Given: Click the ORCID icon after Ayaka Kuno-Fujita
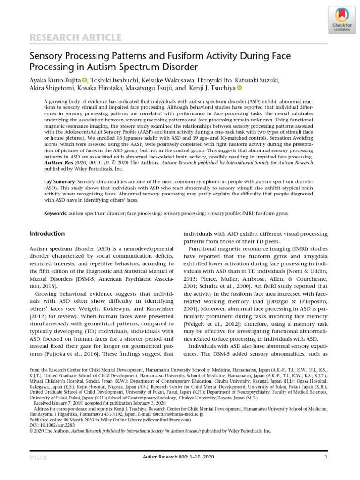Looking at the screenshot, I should point(84,80).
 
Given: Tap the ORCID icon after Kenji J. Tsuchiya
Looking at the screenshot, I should point(240,88).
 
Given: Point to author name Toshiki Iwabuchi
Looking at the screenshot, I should point(112,80).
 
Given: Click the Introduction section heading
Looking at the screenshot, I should point(47,233).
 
